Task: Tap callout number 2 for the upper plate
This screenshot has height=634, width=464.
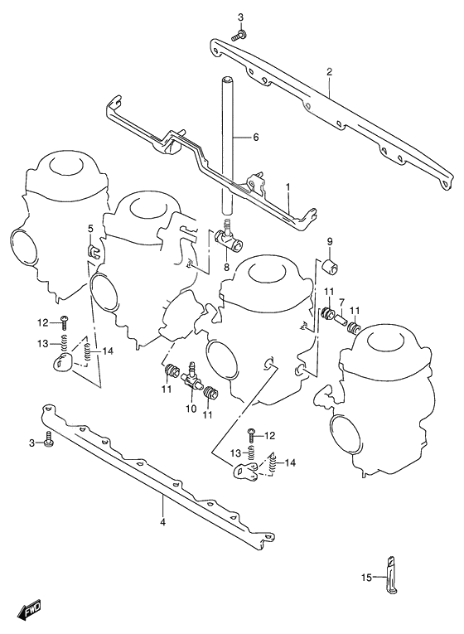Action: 329,72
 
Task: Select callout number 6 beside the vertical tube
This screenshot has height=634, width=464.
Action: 256,138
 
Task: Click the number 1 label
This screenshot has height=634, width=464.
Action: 288,189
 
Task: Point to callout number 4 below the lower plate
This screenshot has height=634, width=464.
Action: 163,522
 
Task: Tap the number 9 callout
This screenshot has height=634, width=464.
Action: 329,241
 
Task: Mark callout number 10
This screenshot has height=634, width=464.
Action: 191,409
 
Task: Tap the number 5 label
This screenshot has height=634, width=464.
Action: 91,229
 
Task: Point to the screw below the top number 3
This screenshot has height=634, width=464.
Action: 240,35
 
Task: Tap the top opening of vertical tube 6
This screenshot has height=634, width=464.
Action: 225,79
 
